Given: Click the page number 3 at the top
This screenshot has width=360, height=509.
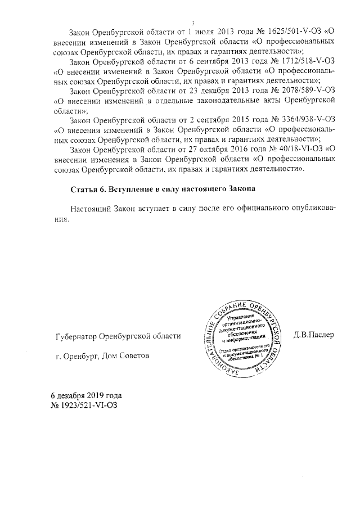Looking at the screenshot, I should pyautogui.click(x=192, y=22).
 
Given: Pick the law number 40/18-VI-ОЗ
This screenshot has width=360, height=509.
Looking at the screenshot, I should pyautogui.click(x=293, y=149).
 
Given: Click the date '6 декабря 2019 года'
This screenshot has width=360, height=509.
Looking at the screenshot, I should pyautogui.click(x=86, y=395).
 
